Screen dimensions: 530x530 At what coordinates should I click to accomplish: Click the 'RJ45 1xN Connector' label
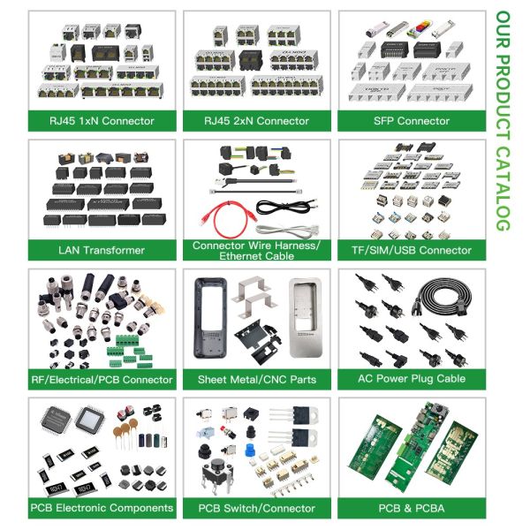point(102,121)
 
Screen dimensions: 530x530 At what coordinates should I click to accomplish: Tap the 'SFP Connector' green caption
point(411,121)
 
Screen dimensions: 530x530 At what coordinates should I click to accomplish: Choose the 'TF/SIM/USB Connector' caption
point(411,250)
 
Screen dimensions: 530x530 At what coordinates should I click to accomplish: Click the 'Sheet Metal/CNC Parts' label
point(257,379)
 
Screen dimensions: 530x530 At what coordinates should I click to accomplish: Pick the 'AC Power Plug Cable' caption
point(411,379)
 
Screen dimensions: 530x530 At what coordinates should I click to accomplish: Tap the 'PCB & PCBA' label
point(411,508)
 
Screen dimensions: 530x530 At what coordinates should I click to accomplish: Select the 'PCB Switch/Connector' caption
point(257,508)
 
